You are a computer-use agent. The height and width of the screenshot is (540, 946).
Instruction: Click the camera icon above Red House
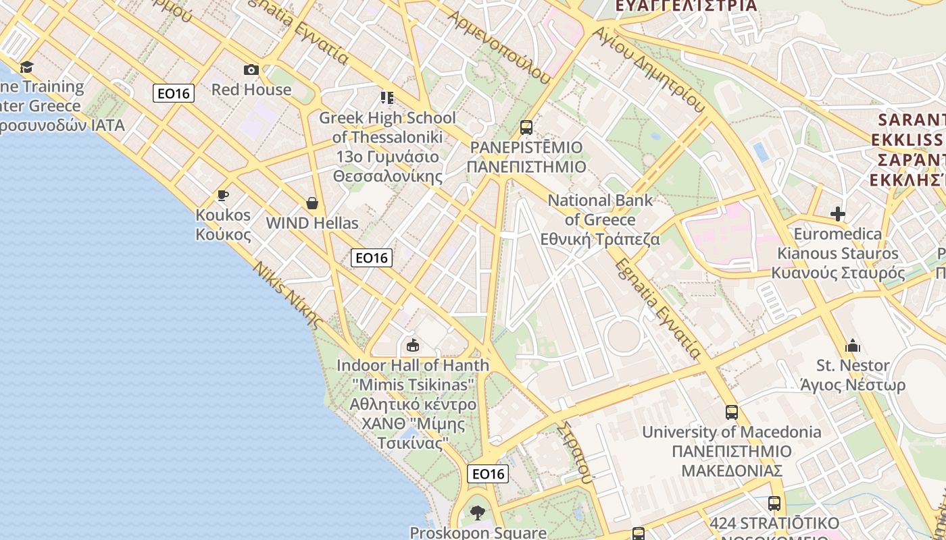click(x=251, y=70)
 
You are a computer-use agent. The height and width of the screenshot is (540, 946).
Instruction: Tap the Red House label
click(x=251, y=89)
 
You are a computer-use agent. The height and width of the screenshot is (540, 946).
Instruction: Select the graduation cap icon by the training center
click(x=26, y=67)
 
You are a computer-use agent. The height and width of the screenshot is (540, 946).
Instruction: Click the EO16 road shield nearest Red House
click(x=174, y=93)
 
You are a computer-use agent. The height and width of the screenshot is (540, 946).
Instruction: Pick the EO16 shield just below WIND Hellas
click(x=372, y=257)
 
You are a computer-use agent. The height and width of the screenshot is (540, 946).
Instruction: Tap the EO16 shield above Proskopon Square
click(x=488, y=474)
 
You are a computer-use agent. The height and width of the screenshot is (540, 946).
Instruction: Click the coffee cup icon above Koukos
click(x=222, y=196)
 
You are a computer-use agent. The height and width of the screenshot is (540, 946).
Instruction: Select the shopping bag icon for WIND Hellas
click(x=312, y=202)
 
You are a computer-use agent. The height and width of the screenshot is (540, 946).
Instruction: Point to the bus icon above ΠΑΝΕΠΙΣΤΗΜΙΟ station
click(x=526, y=127)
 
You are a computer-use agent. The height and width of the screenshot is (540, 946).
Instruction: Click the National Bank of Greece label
click(x=600, y=219)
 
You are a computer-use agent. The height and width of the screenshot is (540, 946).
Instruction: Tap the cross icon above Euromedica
click(x=838, y=214)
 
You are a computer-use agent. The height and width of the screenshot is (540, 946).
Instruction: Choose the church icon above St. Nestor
click(x=853, y=346)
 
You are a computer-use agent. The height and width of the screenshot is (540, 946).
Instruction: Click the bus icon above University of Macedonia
click(x=731, y=412)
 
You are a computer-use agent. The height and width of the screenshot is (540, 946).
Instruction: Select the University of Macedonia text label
click(x=732, y=432)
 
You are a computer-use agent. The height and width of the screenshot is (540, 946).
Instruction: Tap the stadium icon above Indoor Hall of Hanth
click(x=412, y=346)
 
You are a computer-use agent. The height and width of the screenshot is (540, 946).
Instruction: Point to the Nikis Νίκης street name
click(x=287, y=294)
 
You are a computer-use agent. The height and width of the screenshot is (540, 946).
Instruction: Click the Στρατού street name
click(x=576, y=452)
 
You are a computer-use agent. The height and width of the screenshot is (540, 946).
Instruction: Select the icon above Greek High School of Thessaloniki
click(x=387, y=98)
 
